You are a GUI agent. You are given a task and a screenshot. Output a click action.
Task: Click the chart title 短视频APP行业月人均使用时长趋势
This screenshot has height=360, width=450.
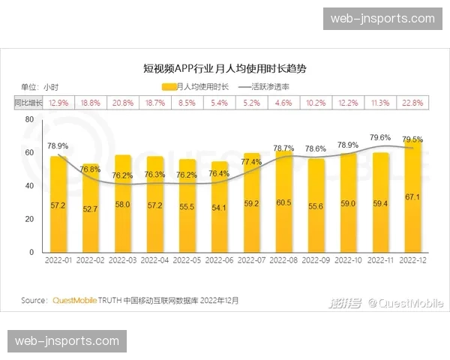click(x=225, y=68)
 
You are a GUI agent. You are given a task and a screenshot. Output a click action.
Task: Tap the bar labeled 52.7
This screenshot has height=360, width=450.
click(x=91, y=210)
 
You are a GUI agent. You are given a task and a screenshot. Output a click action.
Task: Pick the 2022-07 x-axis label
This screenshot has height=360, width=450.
click(x=251, y=261)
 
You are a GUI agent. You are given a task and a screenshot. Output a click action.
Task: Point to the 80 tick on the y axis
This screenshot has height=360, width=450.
click(x=29, y=119)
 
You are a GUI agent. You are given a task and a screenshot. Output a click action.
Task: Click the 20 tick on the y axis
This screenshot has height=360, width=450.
click(x=29, y=219)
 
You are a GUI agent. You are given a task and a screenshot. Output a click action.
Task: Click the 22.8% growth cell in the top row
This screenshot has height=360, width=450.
click(x=412, y=102)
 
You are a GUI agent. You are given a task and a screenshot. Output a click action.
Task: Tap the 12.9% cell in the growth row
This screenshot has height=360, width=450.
click(x=58, y=102)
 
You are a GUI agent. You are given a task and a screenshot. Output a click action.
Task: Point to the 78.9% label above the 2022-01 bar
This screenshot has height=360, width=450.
click(x=58, y=146)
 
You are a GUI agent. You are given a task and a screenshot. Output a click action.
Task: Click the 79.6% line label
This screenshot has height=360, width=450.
click(x=380, y=138)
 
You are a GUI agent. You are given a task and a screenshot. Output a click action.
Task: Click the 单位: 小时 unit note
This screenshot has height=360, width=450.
click(x=39, y=87)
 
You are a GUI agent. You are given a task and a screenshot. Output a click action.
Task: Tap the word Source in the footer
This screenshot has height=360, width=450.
click(x=34, y=301)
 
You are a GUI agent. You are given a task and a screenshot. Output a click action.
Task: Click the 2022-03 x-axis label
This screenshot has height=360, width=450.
click(x=122, y=261)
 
